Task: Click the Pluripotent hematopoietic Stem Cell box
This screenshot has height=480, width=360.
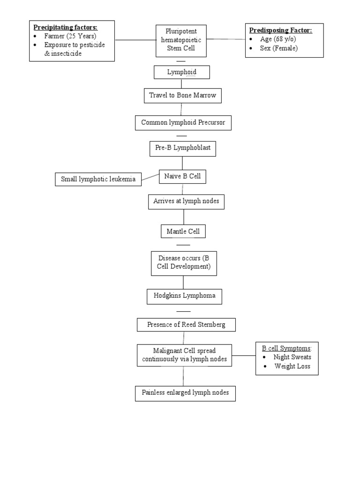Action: pyautogui.click(x=181, y=40)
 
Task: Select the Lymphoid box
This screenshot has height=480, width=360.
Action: pyautogui.click(x=182, y=72)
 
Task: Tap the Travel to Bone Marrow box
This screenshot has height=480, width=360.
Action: pyautogui.click(x=182, y=96)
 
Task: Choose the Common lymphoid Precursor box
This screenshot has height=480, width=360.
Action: pyautogui.click(x=183, y=123)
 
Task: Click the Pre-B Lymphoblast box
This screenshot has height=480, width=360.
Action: pyautogui.click(x=182, y=148)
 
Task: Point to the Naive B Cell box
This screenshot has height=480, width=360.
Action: pyautogui.click(x=182, y=177)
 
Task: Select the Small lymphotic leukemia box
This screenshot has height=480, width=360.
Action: pyautogui.click(x=98, y=179)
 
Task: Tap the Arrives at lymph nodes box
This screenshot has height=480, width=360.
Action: pyautogui.click(x=183, y=202)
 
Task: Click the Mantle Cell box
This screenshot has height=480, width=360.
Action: pyautogui.click(x=183, y=231)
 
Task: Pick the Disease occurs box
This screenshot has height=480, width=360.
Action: pyautogui.click(x=184, y=262)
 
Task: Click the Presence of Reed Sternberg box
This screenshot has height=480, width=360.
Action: pyautogui.click(x=186, y=324)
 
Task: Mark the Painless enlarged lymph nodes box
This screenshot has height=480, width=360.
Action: pyautogui.click(x=185, y=393)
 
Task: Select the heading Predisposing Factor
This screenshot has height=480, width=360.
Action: pyautogui.click(x=280, y=30)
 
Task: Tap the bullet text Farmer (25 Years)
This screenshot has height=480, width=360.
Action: pyautogui.click(x=70, y=36)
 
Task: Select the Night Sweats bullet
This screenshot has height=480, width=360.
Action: pyautogui.click(x=292, y=357)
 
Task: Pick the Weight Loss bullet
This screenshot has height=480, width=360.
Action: pyautogui.click(x=292, y=366)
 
